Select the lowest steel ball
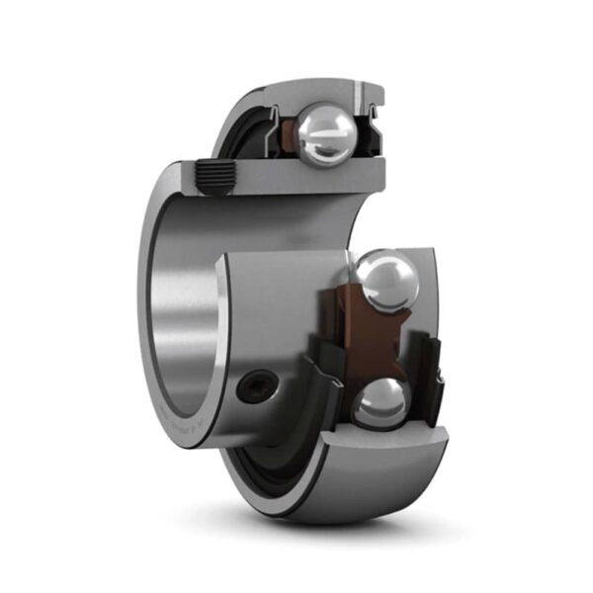coord(381,403)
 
